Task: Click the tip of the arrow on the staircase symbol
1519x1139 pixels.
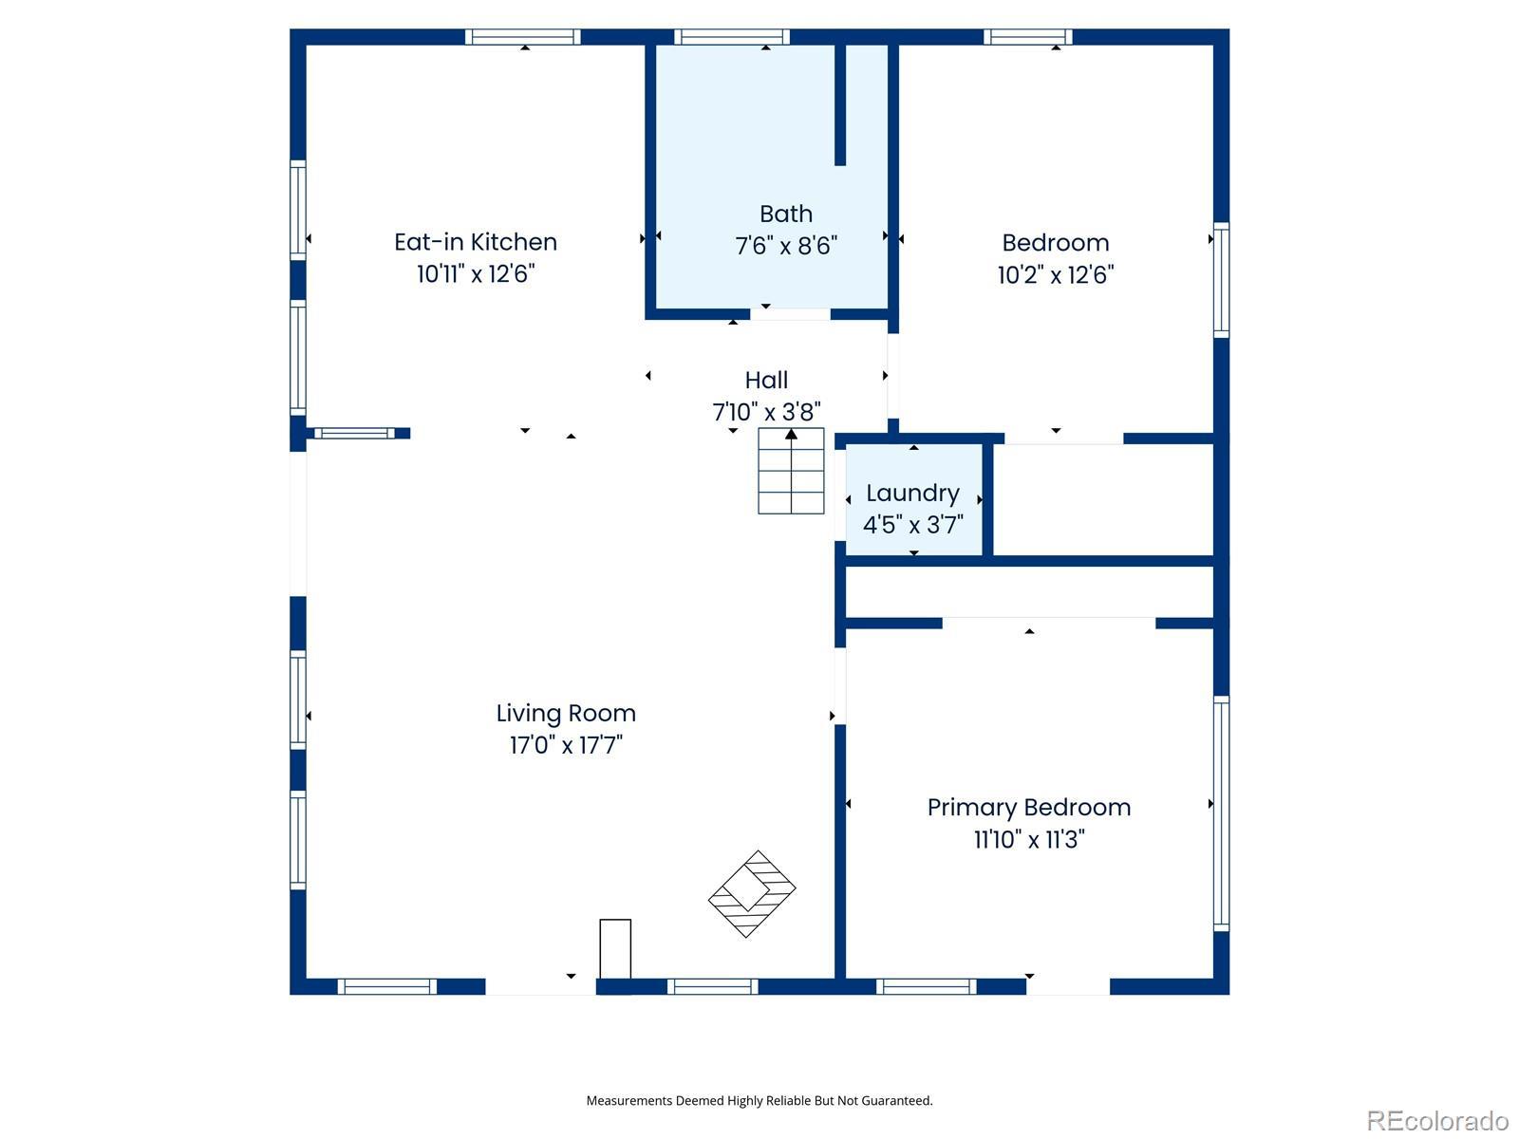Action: (x=791, y=429)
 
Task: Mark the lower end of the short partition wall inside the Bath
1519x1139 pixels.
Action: (x=840, y=165)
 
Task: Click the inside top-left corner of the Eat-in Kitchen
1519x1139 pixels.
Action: (x=307, y=46)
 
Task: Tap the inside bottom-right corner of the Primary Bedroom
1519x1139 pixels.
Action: (x=1213, y=978)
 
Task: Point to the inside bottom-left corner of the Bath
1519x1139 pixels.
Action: (x=656, y=308)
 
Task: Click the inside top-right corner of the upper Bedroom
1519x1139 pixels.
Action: (x=1213, y=46)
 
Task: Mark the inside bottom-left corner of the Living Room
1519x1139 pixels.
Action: (x=307, y=978)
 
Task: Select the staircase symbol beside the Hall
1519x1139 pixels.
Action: (x=791, y=471)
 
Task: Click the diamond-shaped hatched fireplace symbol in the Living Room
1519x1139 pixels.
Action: (x=752, y=893)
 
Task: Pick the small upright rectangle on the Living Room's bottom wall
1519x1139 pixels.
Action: (x=615, y=948)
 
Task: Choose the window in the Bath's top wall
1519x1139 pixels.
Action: (x=732, y=37)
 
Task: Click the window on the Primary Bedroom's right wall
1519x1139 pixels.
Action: (x=1222, y=813)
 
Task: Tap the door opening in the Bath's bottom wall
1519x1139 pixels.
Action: (x=790, y=315)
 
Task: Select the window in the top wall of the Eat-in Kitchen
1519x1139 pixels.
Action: (x=522, y=37)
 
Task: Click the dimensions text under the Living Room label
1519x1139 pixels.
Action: (x=566, y=745)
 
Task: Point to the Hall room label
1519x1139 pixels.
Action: (x=766, y=380)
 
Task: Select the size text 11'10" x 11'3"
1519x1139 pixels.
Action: (x=1029, y=839)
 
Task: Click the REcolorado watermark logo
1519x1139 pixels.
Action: (x=1438, y=1120)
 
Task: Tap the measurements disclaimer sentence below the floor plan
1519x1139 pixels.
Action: (x=759, y=1100)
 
